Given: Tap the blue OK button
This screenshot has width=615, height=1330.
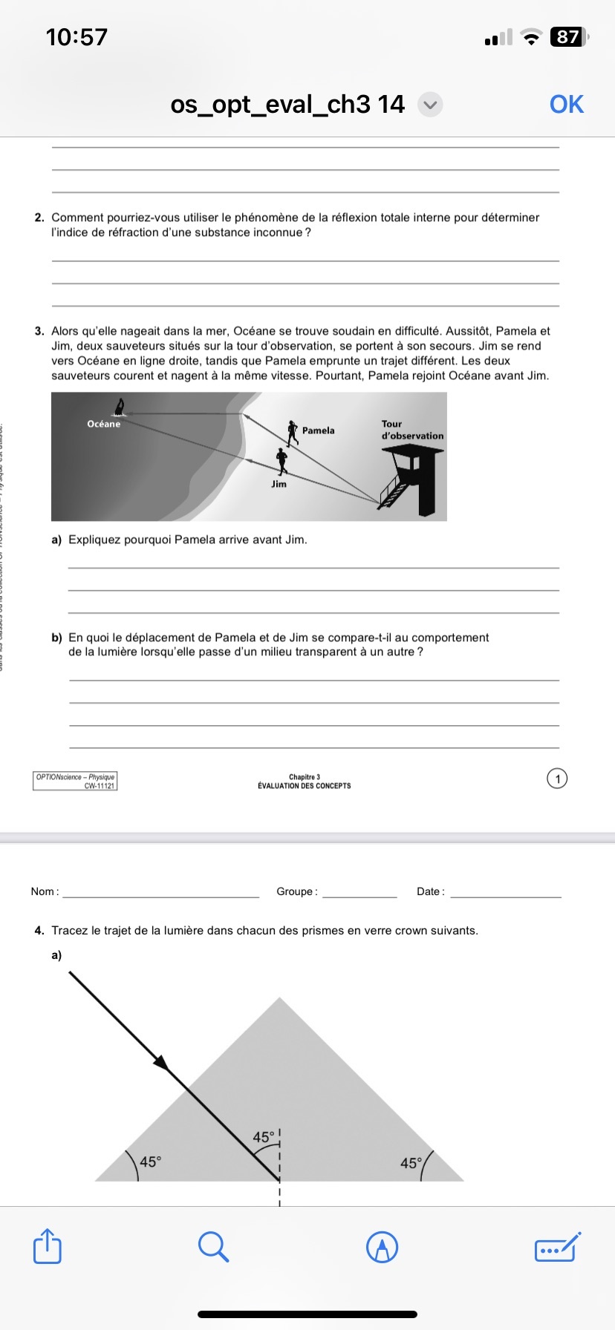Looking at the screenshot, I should [567, 105].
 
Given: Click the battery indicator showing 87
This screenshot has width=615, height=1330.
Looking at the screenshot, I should [568, 36].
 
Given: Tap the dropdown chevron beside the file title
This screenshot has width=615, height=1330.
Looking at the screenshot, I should [430, 105].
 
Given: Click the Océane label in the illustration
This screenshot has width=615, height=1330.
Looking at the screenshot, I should [103, 424].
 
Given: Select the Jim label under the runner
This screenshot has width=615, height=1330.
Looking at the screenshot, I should [279, 484].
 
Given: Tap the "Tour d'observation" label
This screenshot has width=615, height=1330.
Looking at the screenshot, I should [411, 430].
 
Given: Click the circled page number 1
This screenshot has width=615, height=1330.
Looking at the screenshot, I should [556, 779].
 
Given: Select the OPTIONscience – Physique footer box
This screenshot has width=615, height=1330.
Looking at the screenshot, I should [75, 781].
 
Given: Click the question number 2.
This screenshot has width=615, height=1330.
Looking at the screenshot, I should [39, 217].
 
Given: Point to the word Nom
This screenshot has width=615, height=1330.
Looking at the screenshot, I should [43, 891].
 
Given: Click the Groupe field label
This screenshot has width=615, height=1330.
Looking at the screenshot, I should [296, 891].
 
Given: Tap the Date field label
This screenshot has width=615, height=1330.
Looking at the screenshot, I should [429, 891].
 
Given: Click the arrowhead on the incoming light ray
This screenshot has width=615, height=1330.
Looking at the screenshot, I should [161, 1063].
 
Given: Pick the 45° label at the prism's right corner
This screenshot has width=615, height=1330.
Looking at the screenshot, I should [411, 1163].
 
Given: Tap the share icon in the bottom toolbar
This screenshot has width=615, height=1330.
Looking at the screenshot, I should [48, 1246].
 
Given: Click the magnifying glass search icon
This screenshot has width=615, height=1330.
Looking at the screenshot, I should [213, 1246].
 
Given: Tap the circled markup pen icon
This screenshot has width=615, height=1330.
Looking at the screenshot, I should [383, 1247].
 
